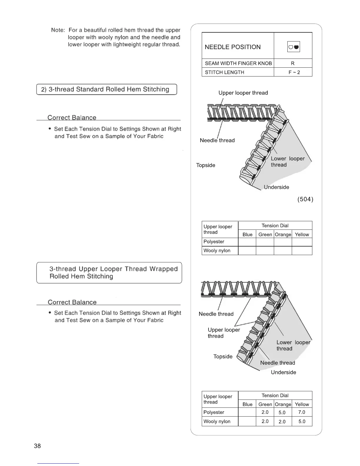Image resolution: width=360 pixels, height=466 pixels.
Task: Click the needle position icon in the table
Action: click(293, 47)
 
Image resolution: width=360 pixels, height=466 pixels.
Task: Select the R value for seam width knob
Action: click(293, 63)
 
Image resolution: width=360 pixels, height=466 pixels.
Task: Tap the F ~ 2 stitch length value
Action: click(294, 72)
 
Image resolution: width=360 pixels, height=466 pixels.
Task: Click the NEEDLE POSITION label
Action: click(233, 47)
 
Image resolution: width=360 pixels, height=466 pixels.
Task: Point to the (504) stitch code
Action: click(305, 199)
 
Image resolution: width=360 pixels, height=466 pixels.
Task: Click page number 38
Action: click(37, 446)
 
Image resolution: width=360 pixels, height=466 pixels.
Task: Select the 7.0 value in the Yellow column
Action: click(301, 412)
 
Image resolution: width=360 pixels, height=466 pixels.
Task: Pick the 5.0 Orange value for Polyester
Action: click(282, 412)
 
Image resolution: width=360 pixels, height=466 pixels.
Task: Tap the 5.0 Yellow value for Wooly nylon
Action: click(302, 421)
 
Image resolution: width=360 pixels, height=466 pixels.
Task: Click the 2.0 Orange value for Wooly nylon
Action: click(282, 422)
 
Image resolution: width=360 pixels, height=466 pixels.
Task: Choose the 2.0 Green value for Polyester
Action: click(265, 412)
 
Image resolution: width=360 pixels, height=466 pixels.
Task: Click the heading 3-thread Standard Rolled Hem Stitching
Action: click(107, 89)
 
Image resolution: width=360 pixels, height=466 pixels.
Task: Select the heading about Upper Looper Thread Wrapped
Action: click(113, 273)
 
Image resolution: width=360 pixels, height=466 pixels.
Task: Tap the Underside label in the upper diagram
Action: click(276, 187)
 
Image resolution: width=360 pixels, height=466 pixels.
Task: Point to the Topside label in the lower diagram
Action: click(223, 357)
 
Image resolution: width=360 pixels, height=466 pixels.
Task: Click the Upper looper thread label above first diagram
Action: click(243, 93)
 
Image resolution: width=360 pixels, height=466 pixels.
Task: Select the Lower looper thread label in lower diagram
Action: click(293, 345)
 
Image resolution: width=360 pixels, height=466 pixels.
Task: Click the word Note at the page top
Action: click(58, 30)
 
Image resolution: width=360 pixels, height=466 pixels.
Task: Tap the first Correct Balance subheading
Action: click(72, 118)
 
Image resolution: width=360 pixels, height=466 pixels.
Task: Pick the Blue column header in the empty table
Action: click(247, 234)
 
